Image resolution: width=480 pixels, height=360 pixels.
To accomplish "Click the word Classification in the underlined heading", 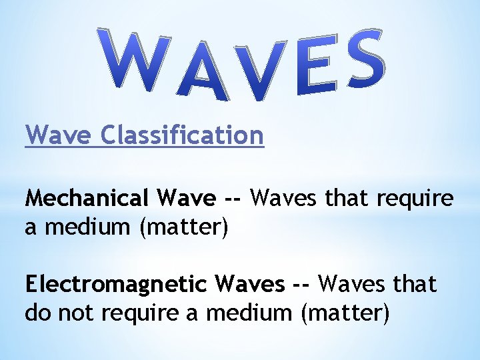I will (x=183, y=136).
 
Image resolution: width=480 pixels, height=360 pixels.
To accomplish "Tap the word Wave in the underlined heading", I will (x=59, y=136).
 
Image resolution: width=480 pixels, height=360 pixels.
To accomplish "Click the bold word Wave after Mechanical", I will (x=187, y=199).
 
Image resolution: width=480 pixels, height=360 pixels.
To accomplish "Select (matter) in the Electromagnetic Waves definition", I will (x=344, y=312).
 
